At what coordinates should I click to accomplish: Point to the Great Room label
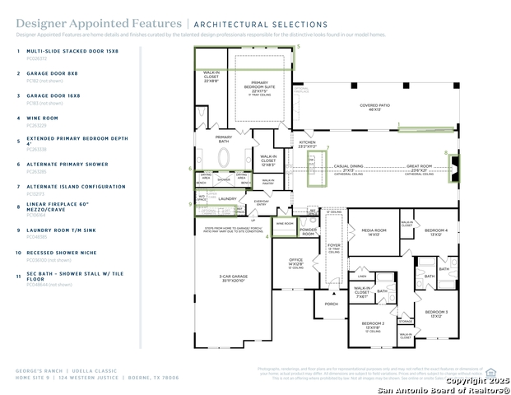pyautogui.click(x=419, y=168)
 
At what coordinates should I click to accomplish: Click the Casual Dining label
pyautogui.click(x=349, y=168)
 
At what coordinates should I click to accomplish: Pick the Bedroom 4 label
pyautogui.click(x=436, y=231)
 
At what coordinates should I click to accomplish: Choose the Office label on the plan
pyautogui.click(x=295, y=263)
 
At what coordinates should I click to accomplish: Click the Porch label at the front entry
pyautogui.click(x=331, y=303)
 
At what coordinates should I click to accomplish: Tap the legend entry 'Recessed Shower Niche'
pyautogui.click(x=58, y=252)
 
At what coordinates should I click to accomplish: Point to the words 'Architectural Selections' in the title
pyautogui.click(x=260, y=26)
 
